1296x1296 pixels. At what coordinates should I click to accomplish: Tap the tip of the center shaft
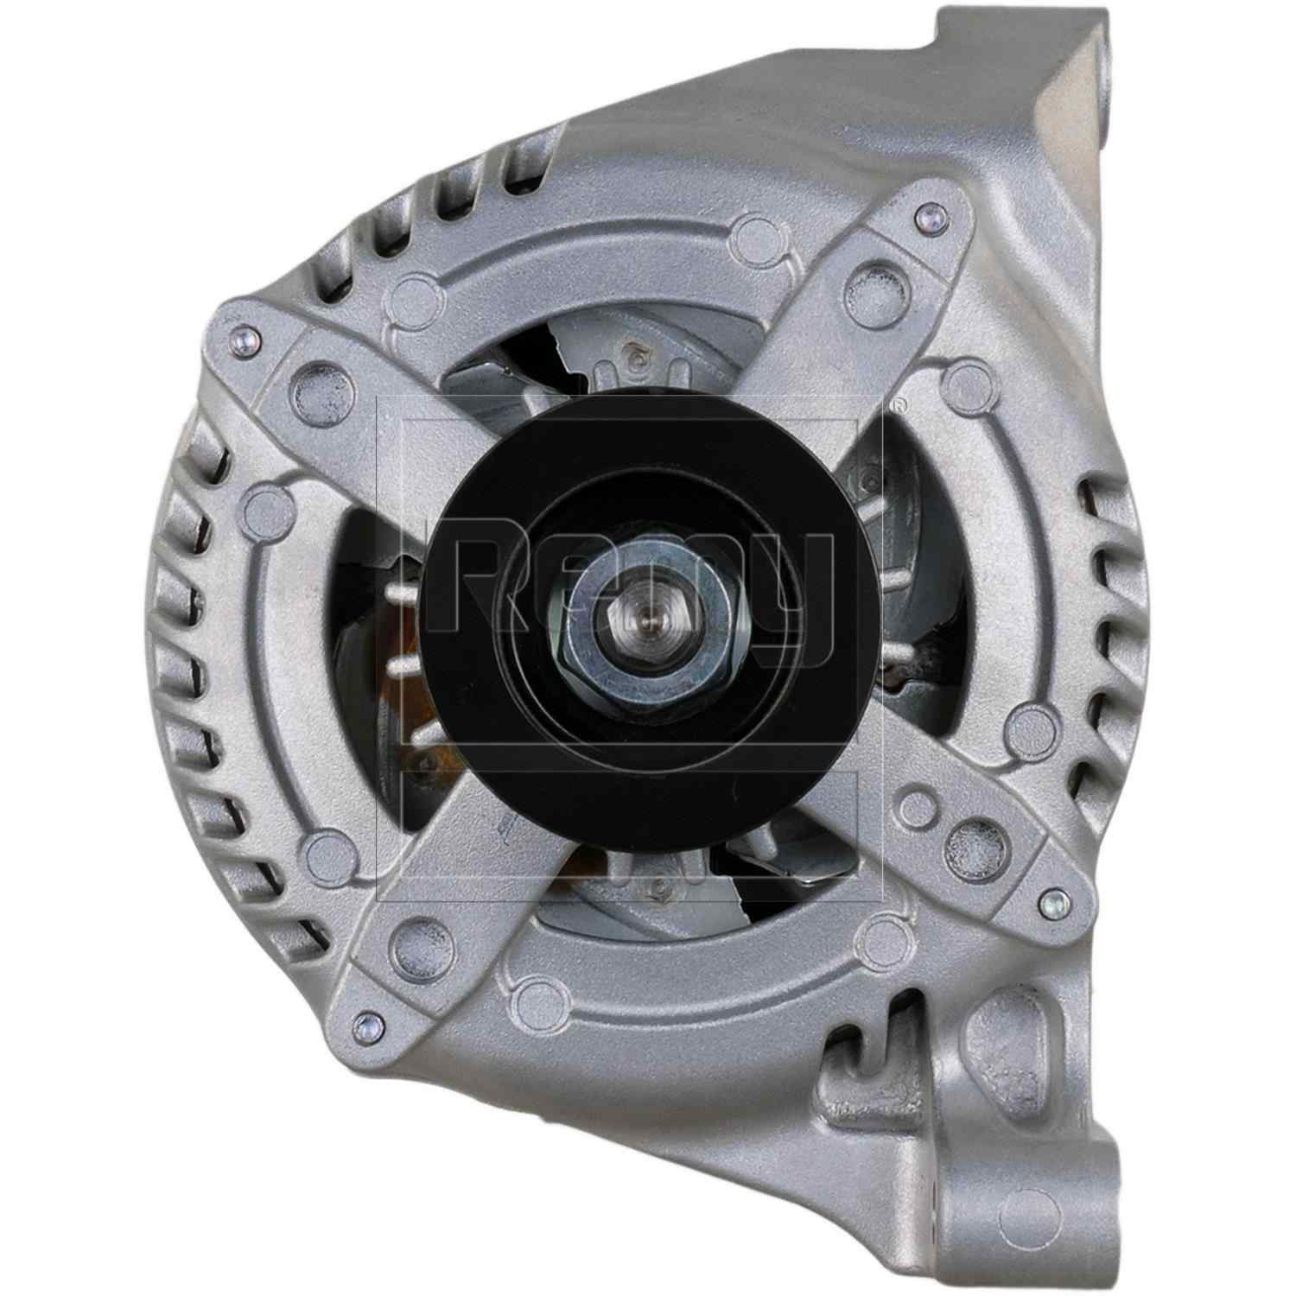[x=649, y=620]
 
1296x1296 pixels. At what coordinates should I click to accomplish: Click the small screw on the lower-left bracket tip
[x=364, y=1026]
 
